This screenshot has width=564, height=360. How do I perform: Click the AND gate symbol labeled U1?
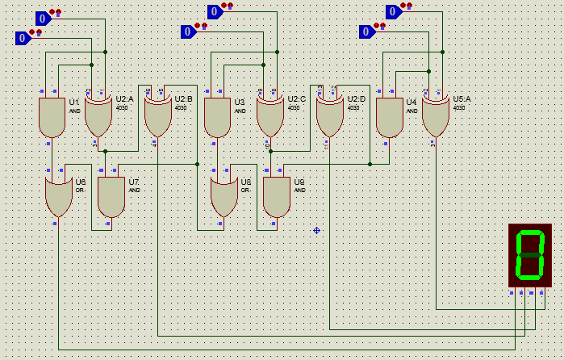[52, 118]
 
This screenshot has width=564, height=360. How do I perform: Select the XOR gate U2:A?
[98, 118]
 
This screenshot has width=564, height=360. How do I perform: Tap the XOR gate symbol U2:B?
[157, 118]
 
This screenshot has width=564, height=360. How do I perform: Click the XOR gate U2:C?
[270, 118]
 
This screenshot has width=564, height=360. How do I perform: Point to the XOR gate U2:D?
[329, 118]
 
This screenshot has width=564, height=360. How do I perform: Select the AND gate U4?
[389, 118]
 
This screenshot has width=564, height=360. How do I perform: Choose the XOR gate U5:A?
[435, 118]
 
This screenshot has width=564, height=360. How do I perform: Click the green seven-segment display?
[529, 255]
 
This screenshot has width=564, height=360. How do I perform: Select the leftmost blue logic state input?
[24, 38]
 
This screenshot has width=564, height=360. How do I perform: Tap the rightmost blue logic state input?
[393, 11]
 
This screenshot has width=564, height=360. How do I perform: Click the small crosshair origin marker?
[316, 230]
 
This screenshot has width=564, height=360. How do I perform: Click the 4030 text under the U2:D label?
[353, 107]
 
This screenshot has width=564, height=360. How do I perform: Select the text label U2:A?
[125, 98]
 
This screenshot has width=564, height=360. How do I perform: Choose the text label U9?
[299, 182]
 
